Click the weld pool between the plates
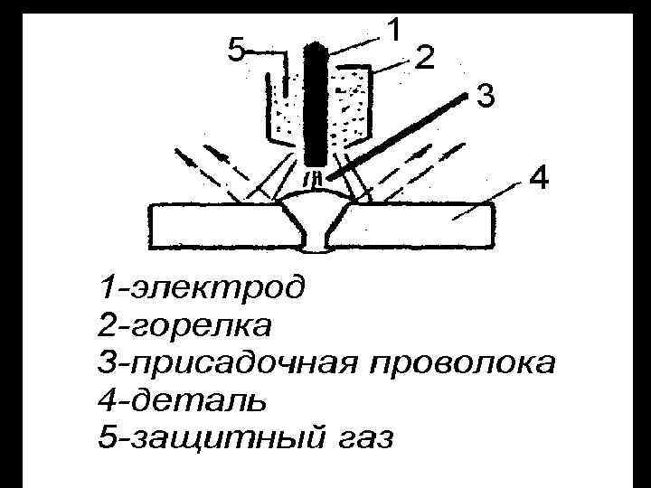point(316,217)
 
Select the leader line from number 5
point(267,51)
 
